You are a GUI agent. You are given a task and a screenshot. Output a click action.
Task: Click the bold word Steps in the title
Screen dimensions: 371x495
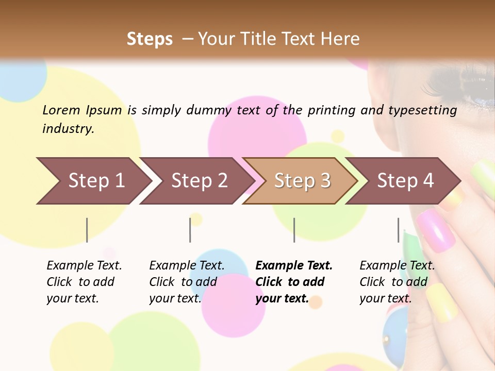tap(150, 39)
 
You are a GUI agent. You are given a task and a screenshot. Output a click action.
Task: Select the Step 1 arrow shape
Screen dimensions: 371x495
tap(93, 181)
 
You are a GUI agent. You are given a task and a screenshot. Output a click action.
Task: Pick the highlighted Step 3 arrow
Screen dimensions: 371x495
tap(302, 181)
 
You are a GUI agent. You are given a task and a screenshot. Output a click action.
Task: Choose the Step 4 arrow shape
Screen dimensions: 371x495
tap(405, 181)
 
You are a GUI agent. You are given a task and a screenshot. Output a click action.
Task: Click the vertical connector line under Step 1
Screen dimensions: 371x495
tap(87, 230)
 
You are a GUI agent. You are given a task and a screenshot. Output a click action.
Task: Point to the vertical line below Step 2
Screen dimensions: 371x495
tap(190, 230)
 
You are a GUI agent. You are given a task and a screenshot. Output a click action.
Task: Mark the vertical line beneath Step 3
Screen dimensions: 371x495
tap(294, 230)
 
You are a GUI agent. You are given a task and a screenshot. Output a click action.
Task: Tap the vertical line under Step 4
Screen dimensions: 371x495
tap(399, 230)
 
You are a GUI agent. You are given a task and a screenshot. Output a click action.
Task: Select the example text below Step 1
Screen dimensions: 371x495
tap(84, 282)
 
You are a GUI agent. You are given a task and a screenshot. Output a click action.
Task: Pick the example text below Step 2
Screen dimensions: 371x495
tap(187, 282)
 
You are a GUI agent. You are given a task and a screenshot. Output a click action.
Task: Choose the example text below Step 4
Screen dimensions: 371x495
tap(397, 282)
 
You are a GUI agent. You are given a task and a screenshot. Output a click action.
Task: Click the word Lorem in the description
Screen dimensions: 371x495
tap(61, 110)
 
